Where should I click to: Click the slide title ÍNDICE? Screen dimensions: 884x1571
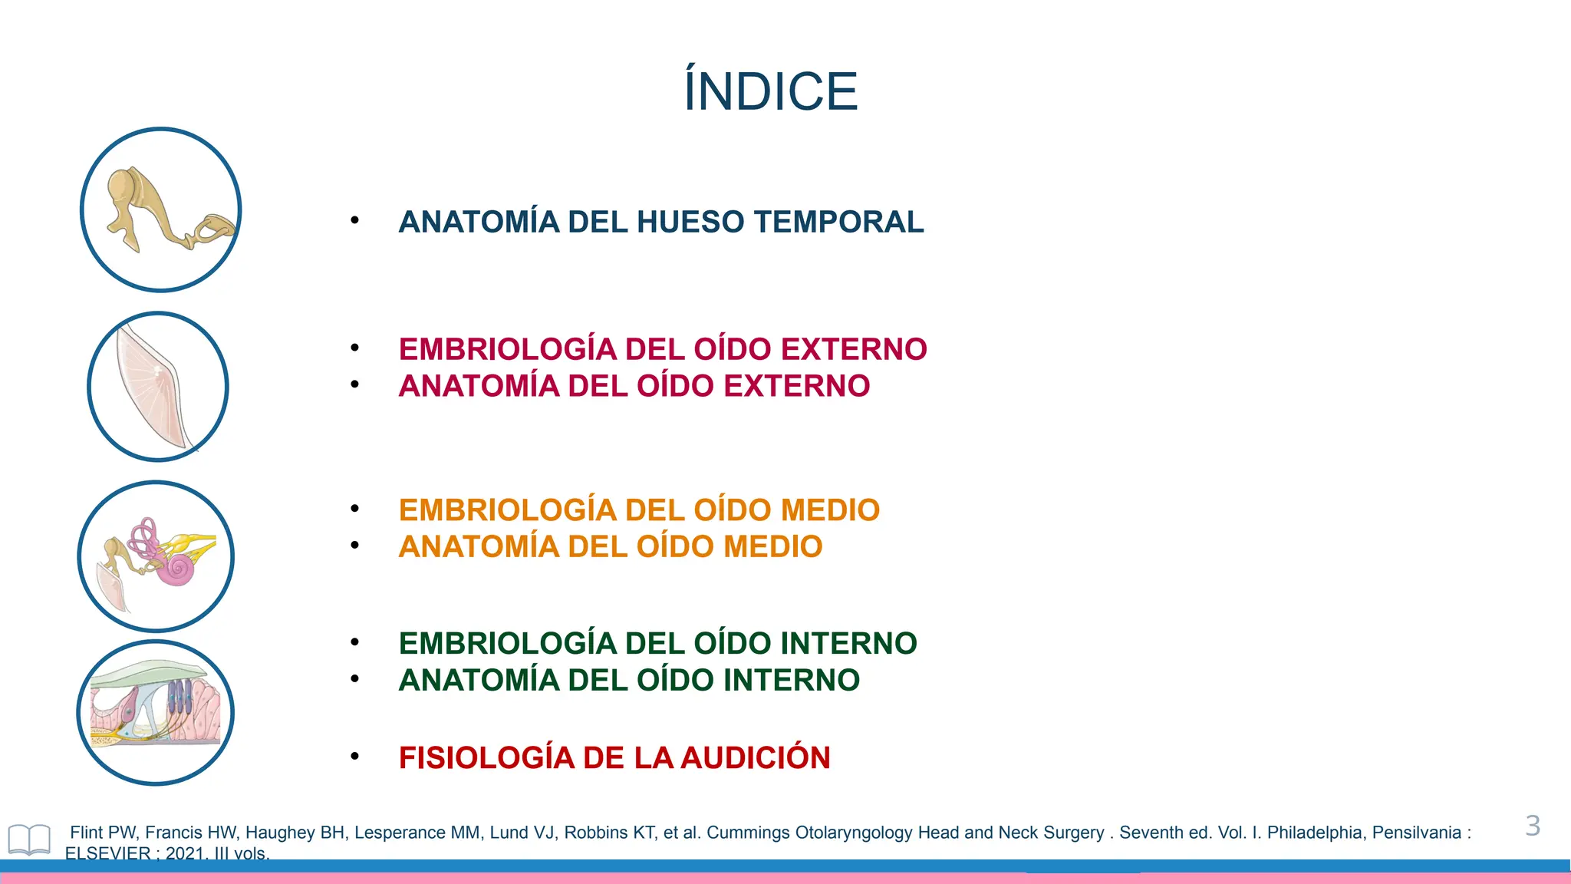(770, 91)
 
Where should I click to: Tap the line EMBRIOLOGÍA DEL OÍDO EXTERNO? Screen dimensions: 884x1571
(662, 349)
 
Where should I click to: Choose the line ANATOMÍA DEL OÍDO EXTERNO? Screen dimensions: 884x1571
(634, 386)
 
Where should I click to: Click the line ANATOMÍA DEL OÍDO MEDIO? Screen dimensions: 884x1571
(610, 547)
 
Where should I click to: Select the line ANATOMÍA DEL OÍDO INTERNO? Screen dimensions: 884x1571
(628, 681)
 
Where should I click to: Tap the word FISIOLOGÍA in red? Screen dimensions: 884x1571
(486, 758)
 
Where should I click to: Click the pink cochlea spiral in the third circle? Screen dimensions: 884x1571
(179, 569)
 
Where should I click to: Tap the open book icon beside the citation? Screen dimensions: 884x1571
(29, 839)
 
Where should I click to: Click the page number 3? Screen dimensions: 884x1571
(1532, 826)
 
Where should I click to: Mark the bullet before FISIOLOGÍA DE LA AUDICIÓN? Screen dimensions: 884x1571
(354, 757)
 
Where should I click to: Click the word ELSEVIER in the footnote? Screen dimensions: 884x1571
(107, 853)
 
